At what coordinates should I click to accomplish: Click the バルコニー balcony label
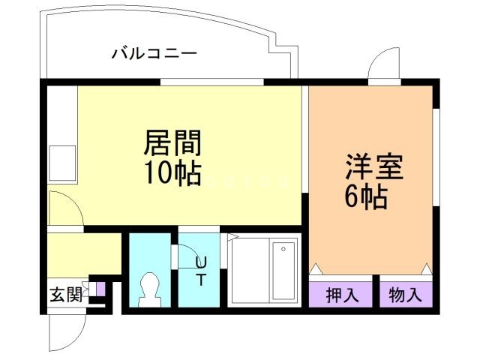154,53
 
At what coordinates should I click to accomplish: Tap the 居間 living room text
173,141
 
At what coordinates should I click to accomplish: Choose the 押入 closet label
341,295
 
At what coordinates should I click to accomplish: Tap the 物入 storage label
406,295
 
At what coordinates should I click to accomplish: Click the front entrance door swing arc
66,330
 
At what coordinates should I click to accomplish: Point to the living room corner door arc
63,205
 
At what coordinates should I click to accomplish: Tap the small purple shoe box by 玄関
100,289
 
